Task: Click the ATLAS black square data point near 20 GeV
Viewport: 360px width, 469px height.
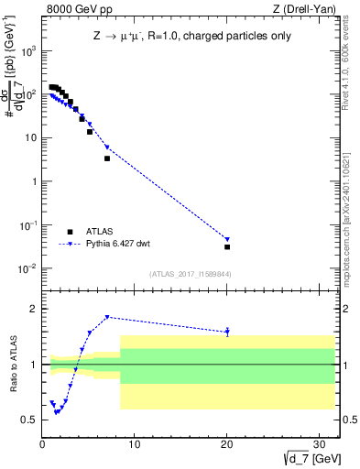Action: coord(227,246)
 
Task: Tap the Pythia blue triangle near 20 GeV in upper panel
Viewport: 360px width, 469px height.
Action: coord(227,239)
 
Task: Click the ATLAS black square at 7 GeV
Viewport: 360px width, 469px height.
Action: coord(107,158)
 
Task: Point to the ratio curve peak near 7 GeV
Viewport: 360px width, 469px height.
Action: coord(107,317)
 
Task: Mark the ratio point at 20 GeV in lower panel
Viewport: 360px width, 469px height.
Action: coord(227,332)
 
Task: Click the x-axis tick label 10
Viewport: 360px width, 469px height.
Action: coord(135,444)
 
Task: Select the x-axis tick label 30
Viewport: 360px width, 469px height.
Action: coord(320,444)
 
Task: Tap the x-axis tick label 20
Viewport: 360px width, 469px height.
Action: coord(227,444)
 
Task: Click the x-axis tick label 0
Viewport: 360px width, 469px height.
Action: coord(43,444)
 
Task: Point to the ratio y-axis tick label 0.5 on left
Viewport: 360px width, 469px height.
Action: coord(29,420)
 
